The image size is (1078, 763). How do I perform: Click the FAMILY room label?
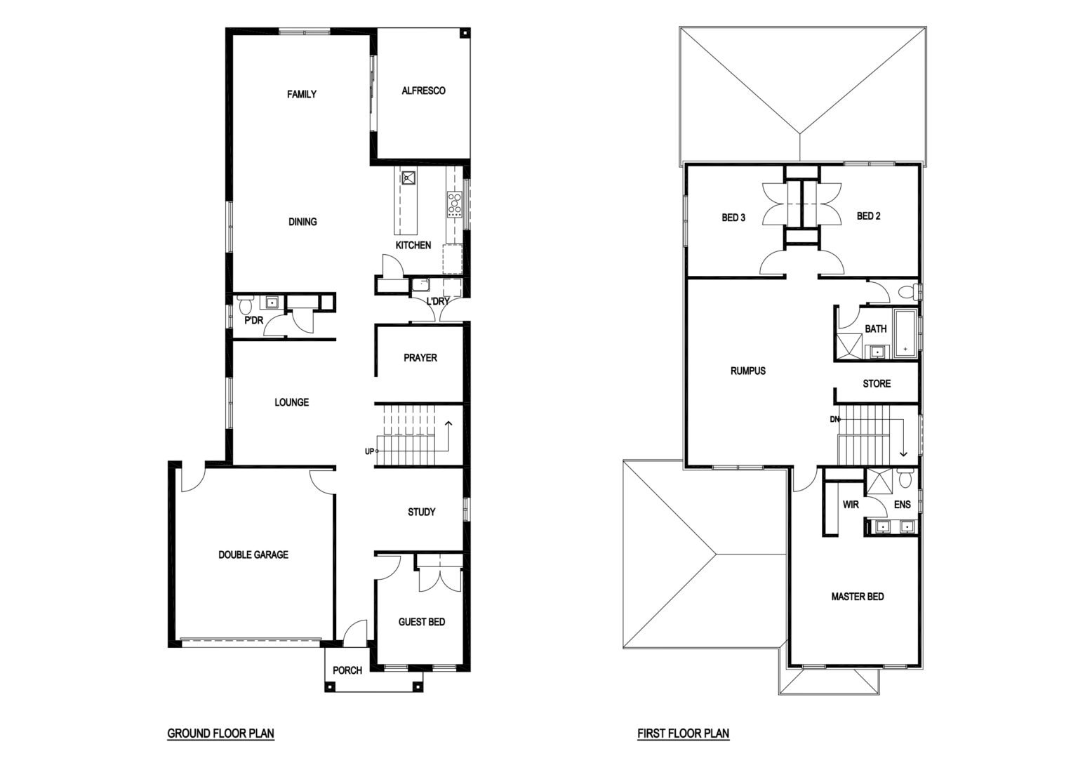302,94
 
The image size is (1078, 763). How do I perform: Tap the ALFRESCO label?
423,91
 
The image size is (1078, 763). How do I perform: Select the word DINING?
302,222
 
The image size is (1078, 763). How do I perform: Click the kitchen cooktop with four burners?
454,204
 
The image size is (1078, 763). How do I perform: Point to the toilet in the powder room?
246,305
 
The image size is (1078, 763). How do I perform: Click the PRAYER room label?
420,358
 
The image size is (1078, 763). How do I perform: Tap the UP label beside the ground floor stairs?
369,451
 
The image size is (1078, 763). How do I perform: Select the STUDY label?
422,512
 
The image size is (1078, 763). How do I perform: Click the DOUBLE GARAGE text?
253,555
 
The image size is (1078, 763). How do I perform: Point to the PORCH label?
347,670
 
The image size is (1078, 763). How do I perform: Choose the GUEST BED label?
422,621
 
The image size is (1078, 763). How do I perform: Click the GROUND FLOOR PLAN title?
221,733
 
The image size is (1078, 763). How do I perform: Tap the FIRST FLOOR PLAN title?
684,733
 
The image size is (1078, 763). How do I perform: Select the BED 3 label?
733,218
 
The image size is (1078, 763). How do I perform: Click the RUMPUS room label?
748,371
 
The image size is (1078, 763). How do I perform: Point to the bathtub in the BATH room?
906,333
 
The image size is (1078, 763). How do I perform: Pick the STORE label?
877,384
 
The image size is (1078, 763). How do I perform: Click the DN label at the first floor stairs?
834,419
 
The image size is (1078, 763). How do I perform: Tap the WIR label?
851,505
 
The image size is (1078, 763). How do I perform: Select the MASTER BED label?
858,597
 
